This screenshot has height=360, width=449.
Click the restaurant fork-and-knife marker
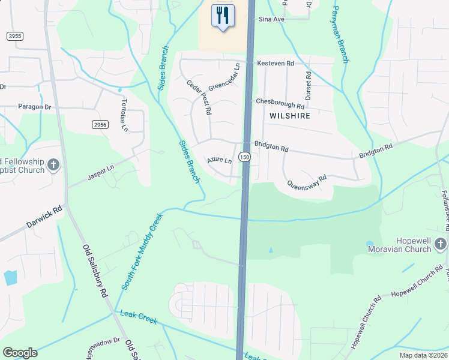[223, 16]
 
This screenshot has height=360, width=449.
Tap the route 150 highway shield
[244, 157]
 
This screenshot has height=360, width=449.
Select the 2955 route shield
[15, 36]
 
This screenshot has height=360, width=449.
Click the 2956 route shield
[100, 124]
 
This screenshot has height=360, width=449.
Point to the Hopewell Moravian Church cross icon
[441, 243]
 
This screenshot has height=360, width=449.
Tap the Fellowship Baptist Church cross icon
[53, 165]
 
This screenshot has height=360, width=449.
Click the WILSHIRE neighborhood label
[290, 115]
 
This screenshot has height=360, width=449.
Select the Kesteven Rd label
[276, 63]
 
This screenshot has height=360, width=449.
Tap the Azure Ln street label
[219, 161]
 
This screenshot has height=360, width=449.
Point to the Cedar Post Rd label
[199, 98]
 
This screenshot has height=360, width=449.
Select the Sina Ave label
[271, 19]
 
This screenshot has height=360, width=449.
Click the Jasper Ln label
[101, 168]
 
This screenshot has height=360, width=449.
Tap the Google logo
[20, 353]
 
